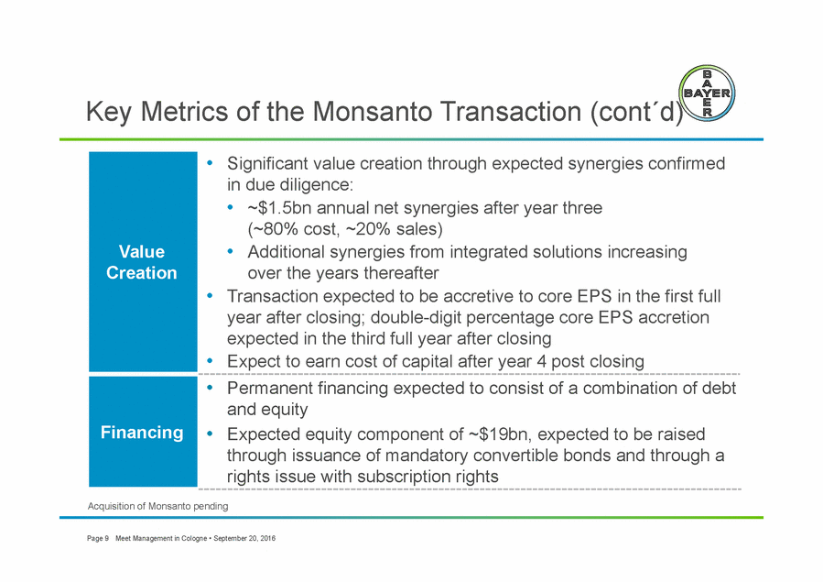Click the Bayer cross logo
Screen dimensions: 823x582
point(707,93)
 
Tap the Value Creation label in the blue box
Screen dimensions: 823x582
point(142,262)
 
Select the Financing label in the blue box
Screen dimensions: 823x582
point(142,433)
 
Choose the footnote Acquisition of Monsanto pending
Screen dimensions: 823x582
point(158,506)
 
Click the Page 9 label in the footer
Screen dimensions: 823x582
point(98,538)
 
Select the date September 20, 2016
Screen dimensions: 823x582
point(244,538)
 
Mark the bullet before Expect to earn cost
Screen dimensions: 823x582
point(210,361)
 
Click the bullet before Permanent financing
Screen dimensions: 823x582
point(210,388)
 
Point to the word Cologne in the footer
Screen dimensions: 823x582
point(194,538)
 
